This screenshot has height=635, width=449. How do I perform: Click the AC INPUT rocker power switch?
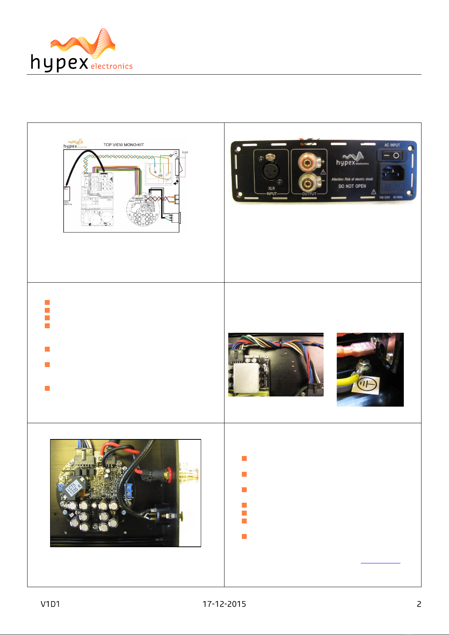click(392, 155)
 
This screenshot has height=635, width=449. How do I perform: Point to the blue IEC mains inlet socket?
click(393, 173)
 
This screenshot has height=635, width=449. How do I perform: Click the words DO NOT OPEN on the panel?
click(352, 186)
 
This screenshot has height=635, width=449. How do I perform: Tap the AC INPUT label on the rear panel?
click(392, 145)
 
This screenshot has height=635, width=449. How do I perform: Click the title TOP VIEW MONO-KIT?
click(124, 145)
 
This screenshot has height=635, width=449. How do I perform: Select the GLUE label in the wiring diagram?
click(185, 152)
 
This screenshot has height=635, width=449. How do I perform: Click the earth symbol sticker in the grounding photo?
click(366, 385)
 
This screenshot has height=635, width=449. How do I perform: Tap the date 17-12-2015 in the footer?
click(224, 604)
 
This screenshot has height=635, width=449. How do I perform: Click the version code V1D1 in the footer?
click(50, 604)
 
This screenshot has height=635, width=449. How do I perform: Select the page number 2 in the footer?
click(419, 604)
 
